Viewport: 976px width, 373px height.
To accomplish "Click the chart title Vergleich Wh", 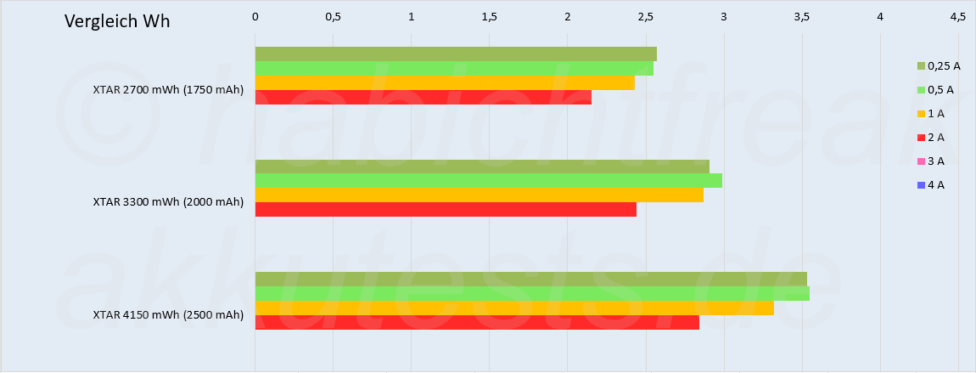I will click(x=117, y=21).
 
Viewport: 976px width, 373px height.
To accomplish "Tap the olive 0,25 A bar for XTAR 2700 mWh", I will click(x=456, y=54).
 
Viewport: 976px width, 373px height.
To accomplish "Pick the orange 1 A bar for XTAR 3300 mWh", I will click(x=479, y=195).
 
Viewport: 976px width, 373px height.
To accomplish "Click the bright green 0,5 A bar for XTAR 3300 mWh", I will click(x=488, y=181).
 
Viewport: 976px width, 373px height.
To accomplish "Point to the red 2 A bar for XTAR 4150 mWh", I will click(x=477, y=323).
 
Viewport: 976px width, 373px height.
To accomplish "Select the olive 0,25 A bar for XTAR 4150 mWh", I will click(x=530, y=279).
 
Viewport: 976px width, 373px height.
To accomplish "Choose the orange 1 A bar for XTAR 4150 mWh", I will click(x=514, y=308).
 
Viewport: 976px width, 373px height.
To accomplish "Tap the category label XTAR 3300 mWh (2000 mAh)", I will click(x=168, y=202).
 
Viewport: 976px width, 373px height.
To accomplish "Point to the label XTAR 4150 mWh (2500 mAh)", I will click(x=168, y=315).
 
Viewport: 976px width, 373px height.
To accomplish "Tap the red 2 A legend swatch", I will click(x=920, y=137).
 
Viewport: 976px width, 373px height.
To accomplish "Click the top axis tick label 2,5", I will click(x=646, y=16).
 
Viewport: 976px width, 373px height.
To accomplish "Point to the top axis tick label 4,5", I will click(x=957, y=16).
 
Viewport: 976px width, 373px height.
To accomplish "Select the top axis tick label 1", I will click(x=412, y=16).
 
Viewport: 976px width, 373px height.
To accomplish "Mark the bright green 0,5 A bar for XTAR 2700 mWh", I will click(x=454, y=69).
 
